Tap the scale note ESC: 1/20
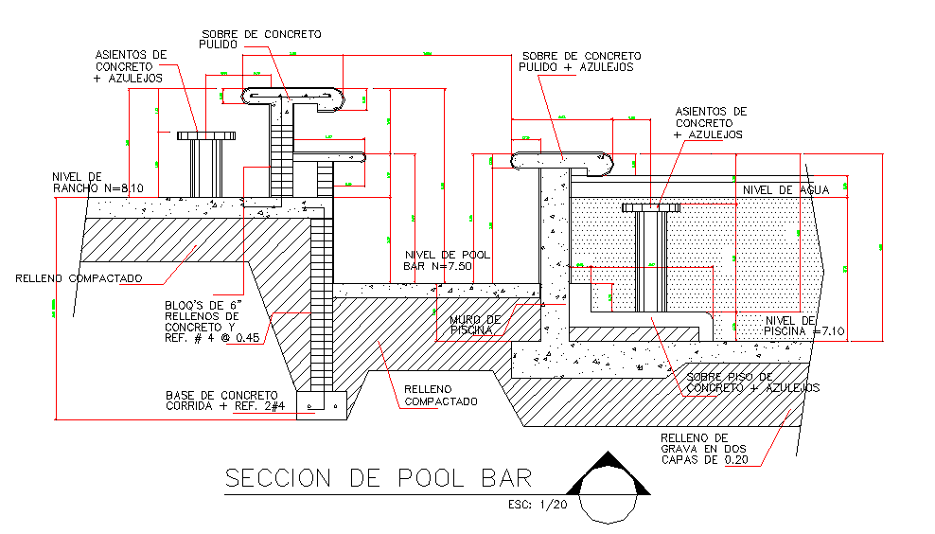click(x=537, y=505)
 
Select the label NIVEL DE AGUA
click(x=785, y=190)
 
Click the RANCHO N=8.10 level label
click(x=97, y=183)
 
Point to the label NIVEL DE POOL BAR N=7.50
click(x=438, y=260)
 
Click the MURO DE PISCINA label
click(x=475, y=325)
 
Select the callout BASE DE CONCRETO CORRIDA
click(x=221, y=400)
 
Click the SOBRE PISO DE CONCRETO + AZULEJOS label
click(x=752, y=383)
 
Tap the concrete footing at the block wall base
click(x=323, y=404)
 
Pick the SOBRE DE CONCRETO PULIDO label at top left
click(x=260, y=39)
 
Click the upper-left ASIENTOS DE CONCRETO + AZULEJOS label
click(x=131, y=66)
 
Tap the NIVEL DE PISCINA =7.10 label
click(x=790, y=326)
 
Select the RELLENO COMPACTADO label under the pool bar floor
click(x=441, y=395)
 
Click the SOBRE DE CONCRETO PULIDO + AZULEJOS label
click(x=580, y=62)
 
